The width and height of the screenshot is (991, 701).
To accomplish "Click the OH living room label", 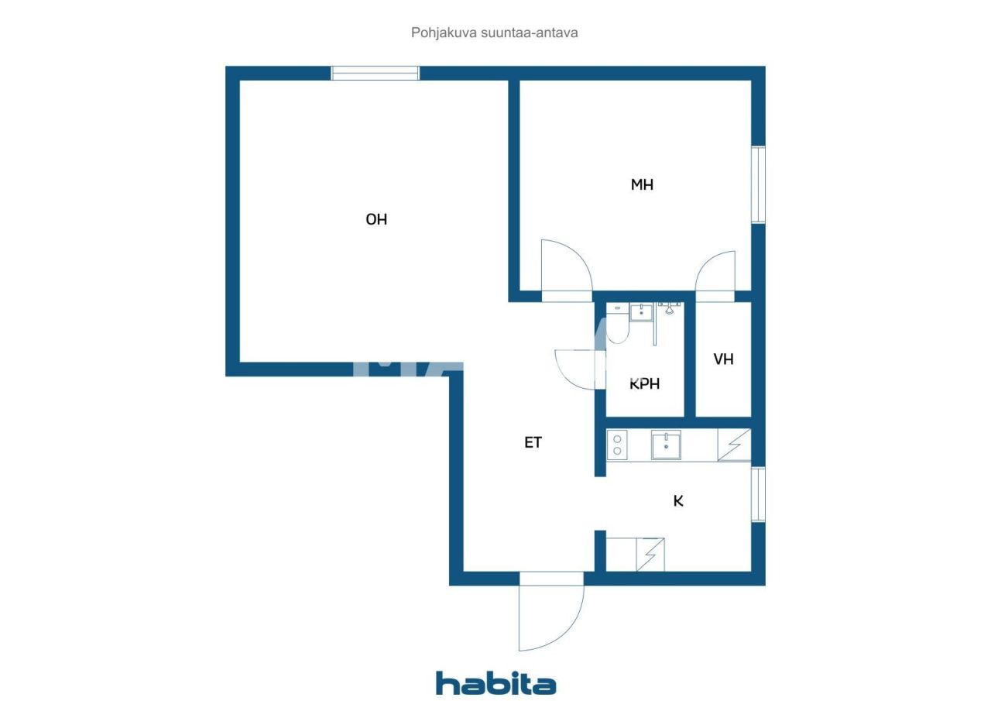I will (x=376, y=219).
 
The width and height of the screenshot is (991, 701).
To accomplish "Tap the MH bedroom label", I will (x=642, y=184).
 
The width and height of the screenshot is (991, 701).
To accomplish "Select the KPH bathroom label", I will (x=645, y=383).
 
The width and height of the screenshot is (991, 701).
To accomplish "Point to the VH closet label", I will (x=723, y=359).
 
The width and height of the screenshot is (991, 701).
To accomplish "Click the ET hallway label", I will (x=533, y=442).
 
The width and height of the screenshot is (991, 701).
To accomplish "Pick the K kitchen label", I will (x=678, y=500).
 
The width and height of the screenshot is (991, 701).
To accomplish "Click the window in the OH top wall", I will (x=375, y=73).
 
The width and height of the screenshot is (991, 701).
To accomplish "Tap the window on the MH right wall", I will (x=759, y=185).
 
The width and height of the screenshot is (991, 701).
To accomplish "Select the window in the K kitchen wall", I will (x=759, y=494).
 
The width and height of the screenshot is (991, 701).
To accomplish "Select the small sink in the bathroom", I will (x=641, y=312).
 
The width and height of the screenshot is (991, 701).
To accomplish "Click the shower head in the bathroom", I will (x=670, y=308).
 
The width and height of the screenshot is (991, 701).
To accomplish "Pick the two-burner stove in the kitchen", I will (x=618, y=445).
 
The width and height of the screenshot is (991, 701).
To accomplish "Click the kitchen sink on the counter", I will (x=666, y=445).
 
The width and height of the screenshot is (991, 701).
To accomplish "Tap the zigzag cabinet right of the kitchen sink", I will (x=734, y=445).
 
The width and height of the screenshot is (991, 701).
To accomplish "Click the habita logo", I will (x=495, y=683).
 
